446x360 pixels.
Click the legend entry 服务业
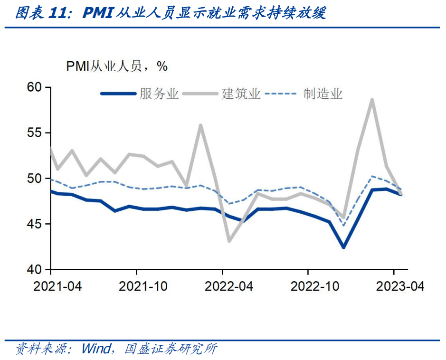click(159, 94)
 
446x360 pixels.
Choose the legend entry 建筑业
click(241, 94)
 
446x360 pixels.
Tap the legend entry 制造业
click(323, 94)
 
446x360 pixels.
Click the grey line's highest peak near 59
click(372, 99)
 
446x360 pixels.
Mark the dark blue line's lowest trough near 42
click(343, 247)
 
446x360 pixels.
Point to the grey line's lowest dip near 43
click(229, 241)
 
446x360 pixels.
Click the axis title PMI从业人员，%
click(116, 66)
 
